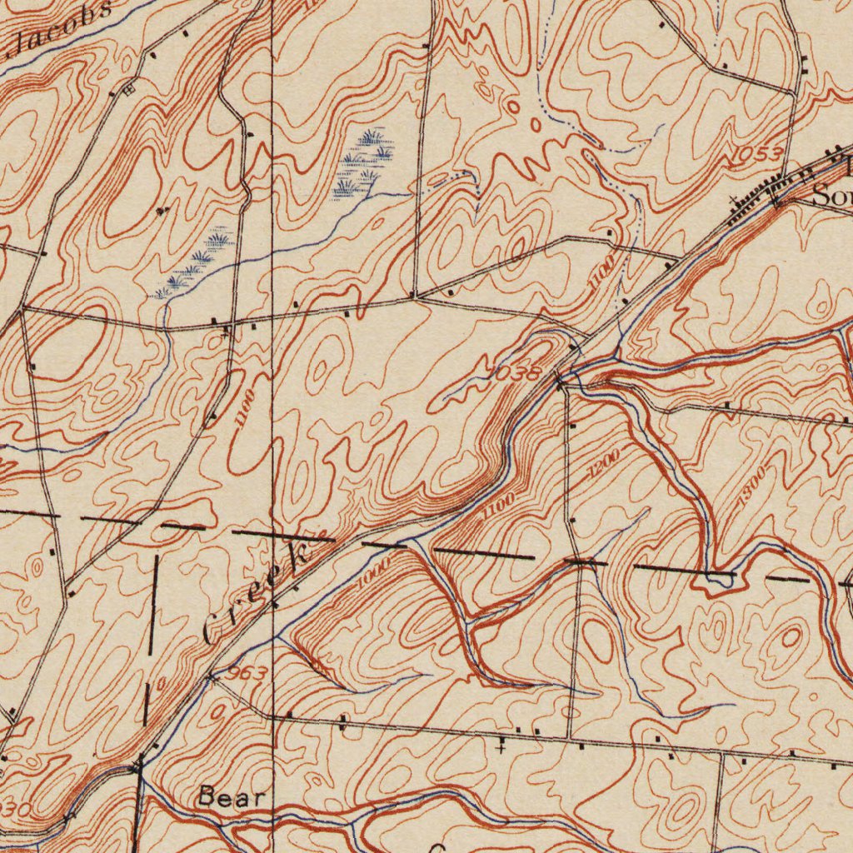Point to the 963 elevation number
tap(246, 672)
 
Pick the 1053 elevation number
tap(757, 155)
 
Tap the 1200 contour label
tap(603, 463)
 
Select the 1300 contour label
tap(753, 486)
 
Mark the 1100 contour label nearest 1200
tap(498, 506)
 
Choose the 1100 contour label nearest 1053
tap(601, 272)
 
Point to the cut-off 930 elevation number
tap(15, 809)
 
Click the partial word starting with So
tap(831, 197)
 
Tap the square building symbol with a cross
tap(127, 89)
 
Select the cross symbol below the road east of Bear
tap(500, 748)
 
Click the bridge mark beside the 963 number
tap(211, 679)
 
